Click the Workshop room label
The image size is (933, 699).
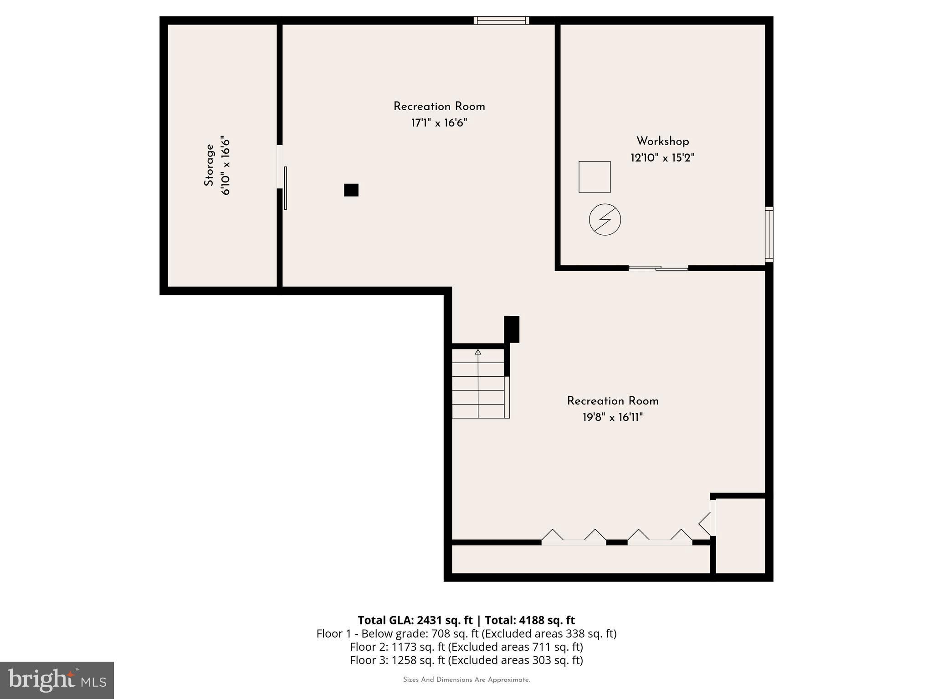[662, 141]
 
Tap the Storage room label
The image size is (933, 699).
[209, 165]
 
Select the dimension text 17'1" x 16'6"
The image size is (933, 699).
[439, 123]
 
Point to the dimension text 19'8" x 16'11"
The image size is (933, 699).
[612, 417]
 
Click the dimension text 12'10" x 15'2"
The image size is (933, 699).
[662, 158]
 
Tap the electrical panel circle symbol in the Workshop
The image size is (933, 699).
[605, 219]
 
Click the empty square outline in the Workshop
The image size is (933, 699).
[595, 177]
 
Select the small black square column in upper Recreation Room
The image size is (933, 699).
[351, 190]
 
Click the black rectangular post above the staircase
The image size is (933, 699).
[512, 329]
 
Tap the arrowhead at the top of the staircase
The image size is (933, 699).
[478, 352]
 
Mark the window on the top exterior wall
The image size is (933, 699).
[501, 20]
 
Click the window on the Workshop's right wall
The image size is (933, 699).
[769, 234]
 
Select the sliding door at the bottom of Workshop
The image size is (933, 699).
[658, 268]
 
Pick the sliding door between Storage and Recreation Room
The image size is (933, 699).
[284, 187]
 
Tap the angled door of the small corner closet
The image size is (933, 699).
[706, 523]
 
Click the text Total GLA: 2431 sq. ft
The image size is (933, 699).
[415, 620]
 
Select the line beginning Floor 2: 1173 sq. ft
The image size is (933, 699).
[466, 647]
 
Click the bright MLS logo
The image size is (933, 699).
[57, 680]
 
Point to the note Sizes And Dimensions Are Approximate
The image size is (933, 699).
[466, 679]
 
